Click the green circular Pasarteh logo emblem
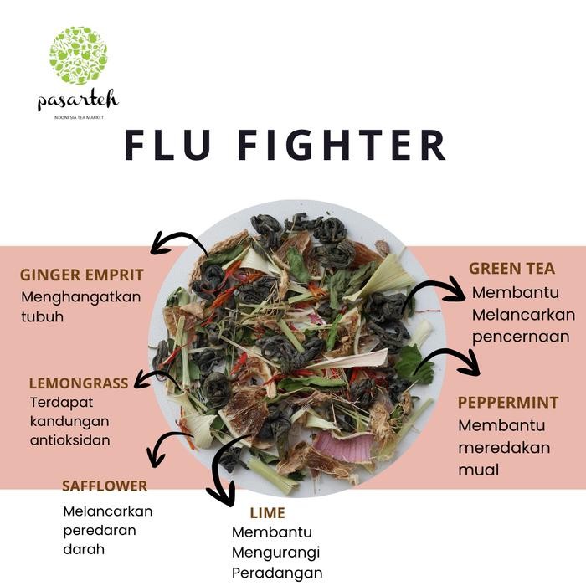[x=78, y=55]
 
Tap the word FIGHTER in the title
[x=342, y=144]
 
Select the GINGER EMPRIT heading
[x=82, y=275]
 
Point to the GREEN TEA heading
[x=511, y=269]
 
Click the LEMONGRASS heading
[x=79, y=383]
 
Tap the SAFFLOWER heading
[x=105, y=486]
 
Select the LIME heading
[x=267, y=512]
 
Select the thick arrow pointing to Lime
[x=222, y=470]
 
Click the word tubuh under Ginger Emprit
[x=42, y=317]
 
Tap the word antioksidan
[x=69, y=439]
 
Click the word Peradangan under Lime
[x=277, y=573]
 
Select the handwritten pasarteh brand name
[x=78, y=100]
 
